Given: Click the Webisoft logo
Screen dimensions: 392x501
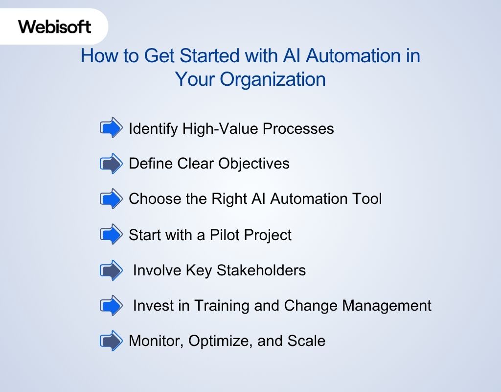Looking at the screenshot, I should point(55,26).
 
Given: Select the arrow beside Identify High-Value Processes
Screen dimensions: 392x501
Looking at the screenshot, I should point(111,128).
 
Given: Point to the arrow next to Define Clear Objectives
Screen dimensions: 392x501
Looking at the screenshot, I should point(111,163).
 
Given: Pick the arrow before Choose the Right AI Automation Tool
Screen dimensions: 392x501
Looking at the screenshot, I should point(111,199).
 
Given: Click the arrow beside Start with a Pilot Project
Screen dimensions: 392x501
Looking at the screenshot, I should point(111,235).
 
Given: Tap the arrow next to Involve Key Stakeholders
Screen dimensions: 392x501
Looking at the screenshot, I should point(111,270).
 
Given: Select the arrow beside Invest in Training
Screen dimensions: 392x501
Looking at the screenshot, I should point(111,306).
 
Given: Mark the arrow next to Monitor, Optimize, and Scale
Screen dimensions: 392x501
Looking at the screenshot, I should point(111,341).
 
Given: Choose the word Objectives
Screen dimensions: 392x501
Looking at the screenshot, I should point(253,164).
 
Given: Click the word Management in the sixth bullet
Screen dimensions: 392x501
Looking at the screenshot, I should point(387,306).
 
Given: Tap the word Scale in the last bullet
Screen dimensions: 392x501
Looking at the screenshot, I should point(307,341).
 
